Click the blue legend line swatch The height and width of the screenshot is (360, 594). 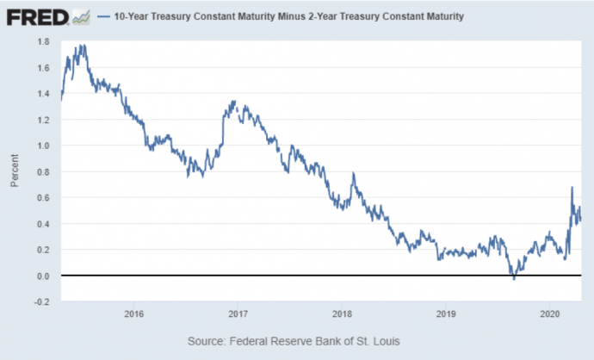tap(104, 16)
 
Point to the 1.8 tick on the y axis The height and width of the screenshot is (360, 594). tap(43, 41)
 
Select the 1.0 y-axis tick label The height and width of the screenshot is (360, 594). tap(43, 146)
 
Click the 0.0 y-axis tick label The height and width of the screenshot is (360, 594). tap(43, 276)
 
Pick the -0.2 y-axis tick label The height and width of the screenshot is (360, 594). tap(42, 301)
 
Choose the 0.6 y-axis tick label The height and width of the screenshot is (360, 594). tap(43, 197)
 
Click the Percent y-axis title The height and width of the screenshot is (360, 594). tap(15, 171)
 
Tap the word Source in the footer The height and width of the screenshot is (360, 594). tap(207, 342)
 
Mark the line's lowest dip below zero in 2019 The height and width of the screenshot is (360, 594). tap(514, 279)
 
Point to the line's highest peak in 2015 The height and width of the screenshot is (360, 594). tap(84, 45)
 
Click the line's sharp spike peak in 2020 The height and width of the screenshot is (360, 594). tap(572, 187)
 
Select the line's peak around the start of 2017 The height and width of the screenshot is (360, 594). tap(234, 101)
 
